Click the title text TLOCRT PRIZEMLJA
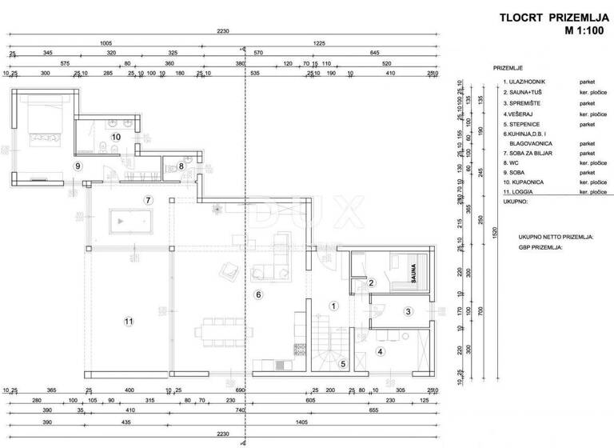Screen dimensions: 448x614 click(x=544, y=18)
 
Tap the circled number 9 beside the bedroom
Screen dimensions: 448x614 click(x=78, y=166)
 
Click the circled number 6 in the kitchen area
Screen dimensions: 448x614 click(x=258, y=294)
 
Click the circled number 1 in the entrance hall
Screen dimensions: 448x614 click(x=335, y=305)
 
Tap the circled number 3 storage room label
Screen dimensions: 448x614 click(x=408, y=311)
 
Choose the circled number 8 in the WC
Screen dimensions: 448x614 click(x=181, y=166)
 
